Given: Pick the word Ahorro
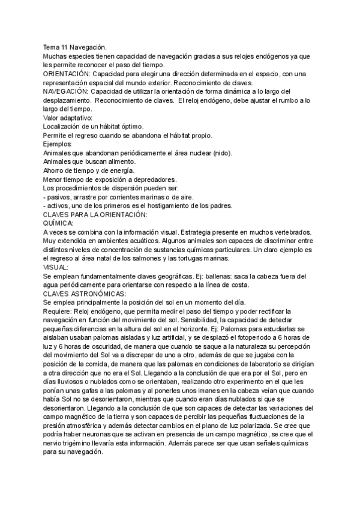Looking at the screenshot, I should tap(55, 171).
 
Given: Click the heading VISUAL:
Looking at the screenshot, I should tap(56, 268).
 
